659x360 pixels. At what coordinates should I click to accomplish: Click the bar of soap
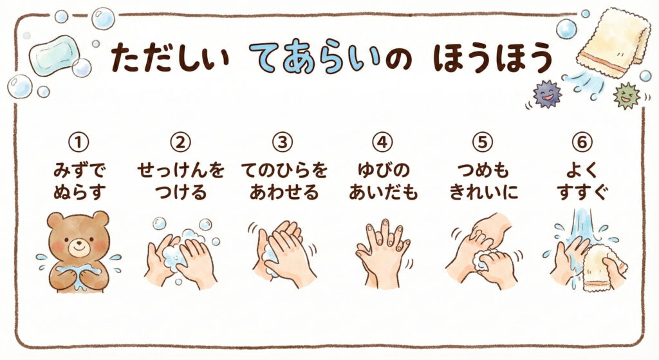(x=55, y=55)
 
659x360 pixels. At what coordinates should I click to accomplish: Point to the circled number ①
(x=78, y=142)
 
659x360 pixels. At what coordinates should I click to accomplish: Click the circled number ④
(x=382, y=142)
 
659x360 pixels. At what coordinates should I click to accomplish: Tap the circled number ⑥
(x=582, y=142)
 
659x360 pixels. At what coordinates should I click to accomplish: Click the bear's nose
(x=77, y=243)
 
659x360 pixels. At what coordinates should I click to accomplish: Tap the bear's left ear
(x=55, y=220)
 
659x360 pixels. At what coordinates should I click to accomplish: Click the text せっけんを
(x=181, y=170)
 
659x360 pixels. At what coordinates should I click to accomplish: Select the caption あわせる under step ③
(x=284, y=193)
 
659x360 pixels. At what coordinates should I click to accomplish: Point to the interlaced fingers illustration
(x=382, y=253)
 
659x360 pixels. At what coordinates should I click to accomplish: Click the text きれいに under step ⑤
(x=483, y=193)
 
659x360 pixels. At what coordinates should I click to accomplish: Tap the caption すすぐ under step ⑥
(x=582, y=193)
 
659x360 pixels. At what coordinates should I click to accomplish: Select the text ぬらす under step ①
(x=79, y=193)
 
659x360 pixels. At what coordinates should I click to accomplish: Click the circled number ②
(x=180, y=142)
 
